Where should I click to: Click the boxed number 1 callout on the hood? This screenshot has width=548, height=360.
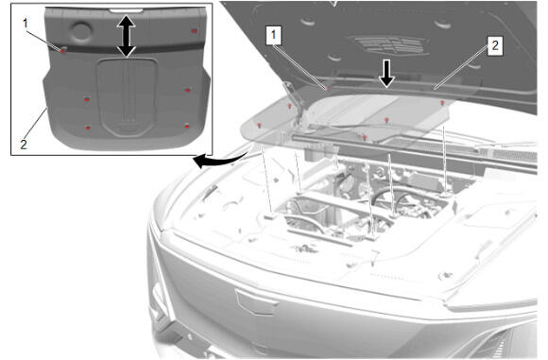tap(274, 35)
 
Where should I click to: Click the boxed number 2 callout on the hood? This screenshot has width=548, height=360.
tap(495, 45)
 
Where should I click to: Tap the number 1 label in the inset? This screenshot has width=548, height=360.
tap(26, 24)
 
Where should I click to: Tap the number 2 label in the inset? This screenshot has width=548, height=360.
tap(24, 145)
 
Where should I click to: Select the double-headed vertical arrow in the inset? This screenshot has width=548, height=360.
tap(127, 36)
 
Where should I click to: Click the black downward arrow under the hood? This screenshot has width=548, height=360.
tap(386, 74)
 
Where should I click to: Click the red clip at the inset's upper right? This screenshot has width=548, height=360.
tap(195, 31)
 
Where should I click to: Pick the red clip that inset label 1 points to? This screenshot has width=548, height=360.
tap(63, 51)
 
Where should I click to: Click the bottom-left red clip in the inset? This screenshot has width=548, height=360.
tap(88, 128)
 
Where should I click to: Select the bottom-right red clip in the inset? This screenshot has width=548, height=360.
tap(187, 127)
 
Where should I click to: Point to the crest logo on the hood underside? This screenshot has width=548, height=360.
tap(391, 45)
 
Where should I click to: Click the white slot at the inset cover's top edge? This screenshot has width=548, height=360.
tap(127, 10)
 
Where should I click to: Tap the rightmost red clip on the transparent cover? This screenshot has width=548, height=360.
tap(442, 103)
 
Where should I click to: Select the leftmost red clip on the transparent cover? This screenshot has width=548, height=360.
tap(259, 126)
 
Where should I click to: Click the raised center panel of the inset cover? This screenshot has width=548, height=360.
tap(127, 96)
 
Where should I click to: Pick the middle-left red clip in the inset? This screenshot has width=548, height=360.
tap(87, 99)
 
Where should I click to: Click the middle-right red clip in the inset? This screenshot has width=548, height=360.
tap(188, 90)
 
